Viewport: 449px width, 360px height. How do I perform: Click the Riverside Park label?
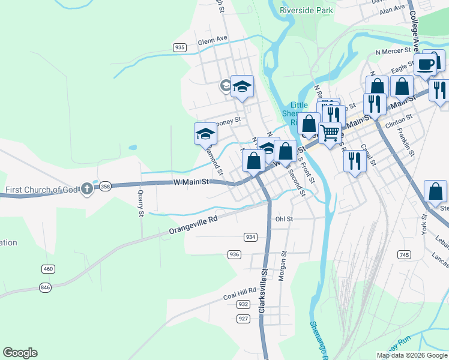point(307,10)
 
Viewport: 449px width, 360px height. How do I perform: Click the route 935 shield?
point(179,47)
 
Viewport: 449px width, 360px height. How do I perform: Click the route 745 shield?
point(403,255)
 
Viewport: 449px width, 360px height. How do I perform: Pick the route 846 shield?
point(45,287)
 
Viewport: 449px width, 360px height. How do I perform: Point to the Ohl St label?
point(284,219)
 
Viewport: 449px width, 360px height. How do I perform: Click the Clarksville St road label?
point(262,289)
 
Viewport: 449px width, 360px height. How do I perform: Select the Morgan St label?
point(284,263)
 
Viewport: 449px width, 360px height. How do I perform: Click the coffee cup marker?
point(426,64)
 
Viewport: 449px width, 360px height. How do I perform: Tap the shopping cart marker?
point(330,133)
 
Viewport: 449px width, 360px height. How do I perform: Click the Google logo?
point(20,353)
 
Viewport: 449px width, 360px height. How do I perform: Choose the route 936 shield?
point(235,254)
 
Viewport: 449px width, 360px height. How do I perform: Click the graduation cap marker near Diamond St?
point(205,133)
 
